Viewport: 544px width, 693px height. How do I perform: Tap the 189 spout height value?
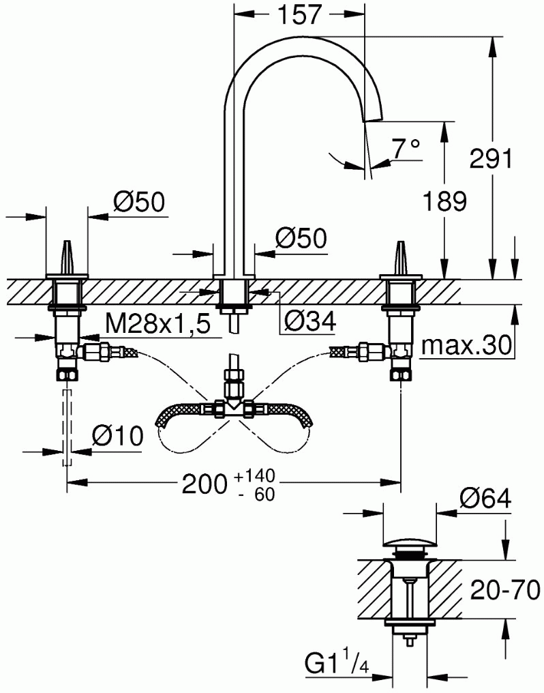click(444, 201)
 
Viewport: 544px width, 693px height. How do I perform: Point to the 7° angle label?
click(406, 149)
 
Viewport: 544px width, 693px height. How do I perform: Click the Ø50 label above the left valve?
click(138, 202)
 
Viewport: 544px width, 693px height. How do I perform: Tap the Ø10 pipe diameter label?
click(117, 436)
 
